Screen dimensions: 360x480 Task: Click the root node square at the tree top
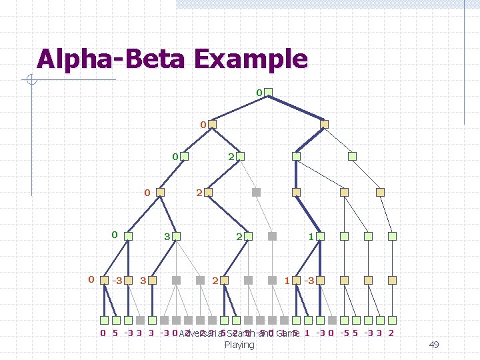coord(268,92)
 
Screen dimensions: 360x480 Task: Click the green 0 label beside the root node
coord(259,91)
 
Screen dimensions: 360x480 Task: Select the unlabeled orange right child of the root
coord(324,124)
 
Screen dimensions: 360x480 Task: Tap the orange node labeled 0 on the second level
coord(212,124)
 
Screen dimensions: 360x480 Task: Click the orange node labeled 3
coord(153,281)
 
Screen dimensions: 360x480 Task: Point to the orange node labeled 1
coord(297,281)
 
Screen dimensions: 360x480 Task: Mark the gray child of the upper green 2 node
coord(256,193)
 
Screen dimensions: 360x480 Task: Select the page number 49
coord(434,345)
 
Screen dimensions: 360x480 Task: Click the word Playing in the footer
coord(239,345)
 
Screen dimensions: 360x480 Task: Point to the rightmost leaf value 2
coord(391,333)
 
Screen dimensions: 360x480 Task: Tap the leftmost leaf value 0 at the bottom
coord(103,333)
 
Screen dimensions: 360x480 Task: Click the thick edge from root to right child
coord(296,108)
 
